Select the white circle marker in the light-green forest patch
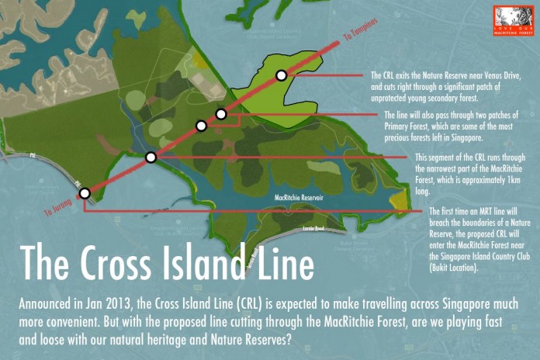pyautogui.click(x=281, y=75)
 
